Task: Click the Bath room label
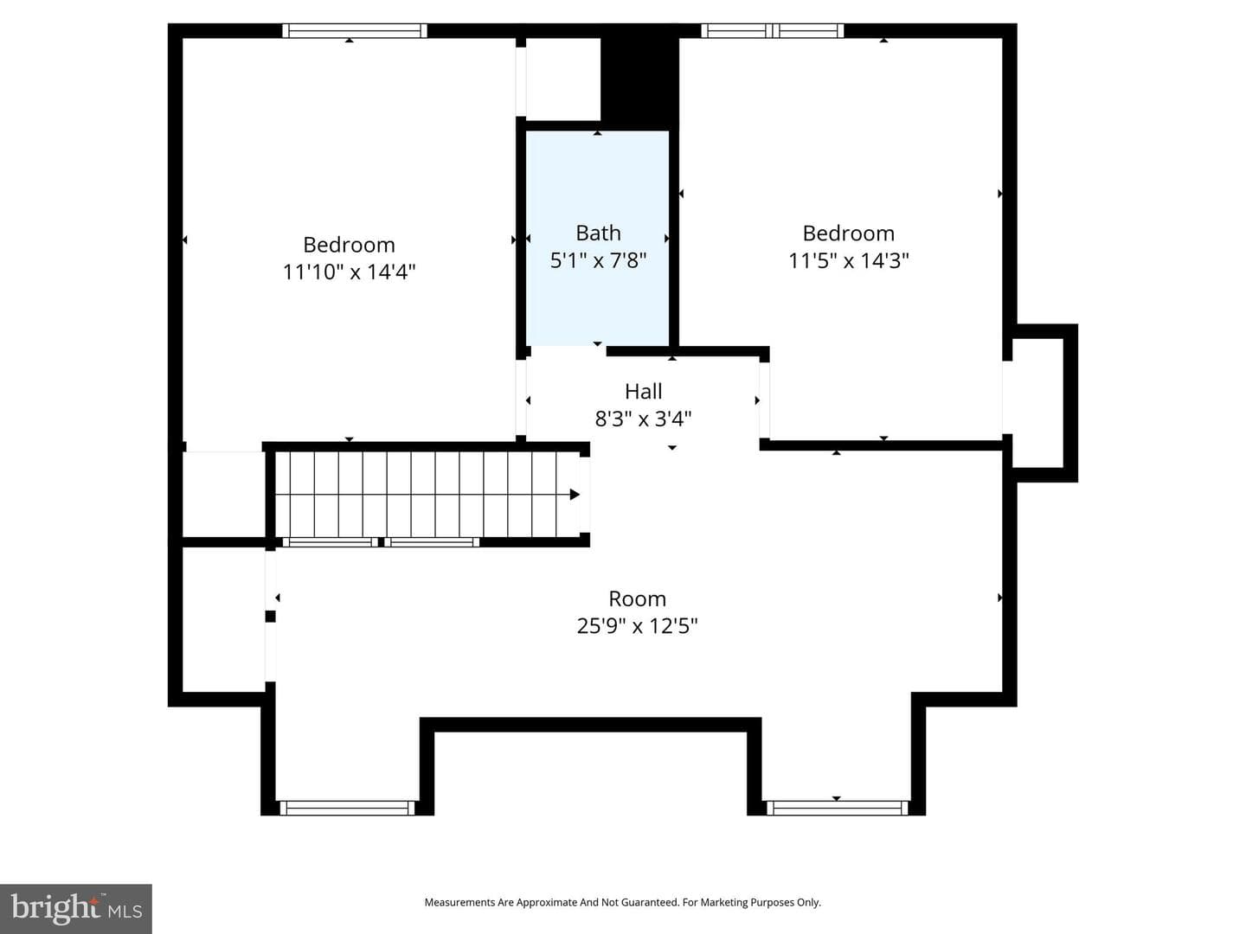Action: click(598, 233)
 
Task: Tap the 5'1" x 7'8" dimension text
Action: click(598, 260)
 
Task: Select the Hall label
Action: click(643, 391)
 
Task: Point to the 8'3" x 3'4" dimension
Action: click(643, 419)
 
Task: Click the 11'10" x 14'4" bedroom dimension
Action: click(349, 272)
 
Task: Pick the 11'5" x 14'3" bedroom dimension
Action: click(849, 261)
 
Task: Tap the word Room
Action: click(637, 598)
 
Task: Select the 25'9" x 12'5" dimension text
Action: click(637, 626)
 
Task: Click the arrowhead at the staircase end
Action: click(575, 495)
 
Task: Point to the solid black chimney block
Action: click(639, 79)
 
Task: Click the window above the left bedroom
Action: click(355, 30)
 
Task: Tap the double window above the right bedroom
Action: click(772, 30)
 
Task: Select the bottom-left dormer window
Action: click(347, 808)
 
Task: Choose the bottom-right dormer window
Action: click(838, 808)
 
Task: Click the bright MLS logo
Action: click(76, 908)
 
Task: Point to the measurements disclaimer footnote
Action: click(623, 902)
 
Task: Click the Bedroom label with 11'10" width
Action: click(349, 245)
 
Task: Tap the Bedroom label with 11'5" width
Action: click(849, 233)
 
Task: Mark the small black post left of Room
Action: click(271, 616)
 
